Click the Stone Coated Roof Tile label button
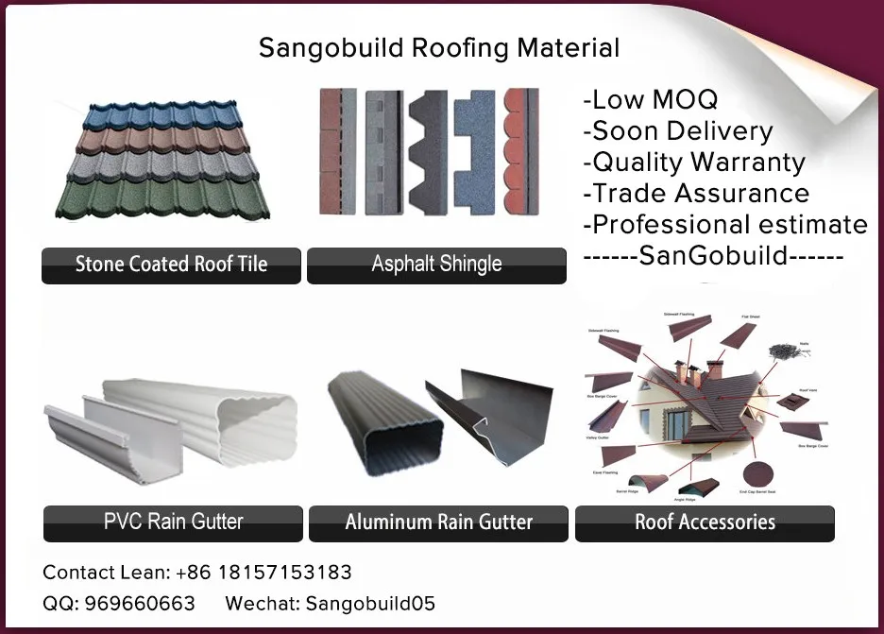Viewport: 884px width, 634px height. [171, 265]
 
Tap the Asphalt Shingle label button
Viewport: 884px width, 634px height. [436, 265]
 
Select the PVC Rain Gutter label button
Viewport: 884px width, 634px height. [173, 522]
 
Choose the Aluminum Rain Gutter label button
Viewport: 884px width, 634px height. [438, 522]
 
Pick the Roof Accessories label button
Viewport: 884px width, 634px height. [705, 522]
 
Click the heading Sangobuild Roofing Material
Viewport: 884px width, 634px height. [439, 48]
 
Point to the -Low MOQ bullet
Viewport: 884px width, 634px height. [651, 99]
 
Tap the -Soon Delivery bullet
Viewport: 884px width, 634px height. [678, 130]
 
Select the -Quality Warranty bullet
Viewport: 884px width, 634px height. [694, 162]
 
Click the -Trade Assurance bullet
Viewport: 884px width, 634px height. [696, 193]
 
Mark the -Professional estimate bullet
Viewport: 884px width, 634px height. [725, 224]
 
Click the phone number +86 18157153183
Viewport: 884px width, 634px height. [263, 573]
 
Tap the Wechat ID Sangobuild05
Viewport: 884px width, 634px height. [370, 604]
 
